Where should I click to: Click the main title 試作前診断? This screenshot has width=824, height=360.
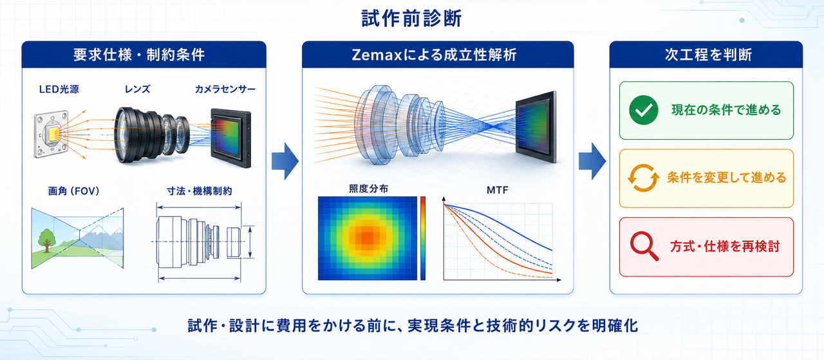411,19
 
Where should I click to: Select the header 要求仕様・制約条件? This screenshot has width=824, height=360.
139,55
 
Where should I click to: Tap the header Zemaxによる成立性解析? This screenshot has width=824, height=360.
434,55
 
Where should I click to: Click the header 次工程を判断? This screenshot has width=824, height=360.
708,55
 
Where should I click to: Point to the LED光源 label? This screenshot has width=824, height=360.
59,89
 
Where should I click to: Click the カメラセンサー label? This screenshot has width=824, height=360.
225,89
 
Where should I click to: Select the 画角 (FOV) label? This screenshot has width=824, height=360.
73,191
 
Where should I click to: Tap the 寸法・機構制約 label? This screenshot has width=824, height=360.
199,191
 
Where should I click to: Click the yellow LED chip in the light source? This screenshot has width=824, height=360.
53,134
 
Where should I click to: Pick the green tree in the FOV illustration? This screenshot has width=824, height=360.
47,240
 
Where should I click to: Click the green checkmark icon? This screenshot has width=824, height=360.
644,110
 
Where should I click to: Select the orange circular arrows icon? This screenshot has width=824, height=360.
643,178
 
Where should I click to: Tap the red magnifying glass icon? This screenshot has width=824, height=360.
644,246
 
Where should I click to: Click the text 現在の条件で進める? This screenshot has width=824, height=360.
726,110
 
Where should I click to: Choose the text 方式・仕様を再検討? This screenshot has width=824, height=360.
725,246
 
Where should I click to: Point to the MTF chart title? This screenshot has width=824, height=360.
498,190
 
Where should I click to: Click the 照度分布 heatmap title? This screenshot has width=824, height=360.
368,189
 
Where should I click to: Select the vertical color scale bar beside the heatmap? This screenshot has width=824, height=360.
423,238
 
